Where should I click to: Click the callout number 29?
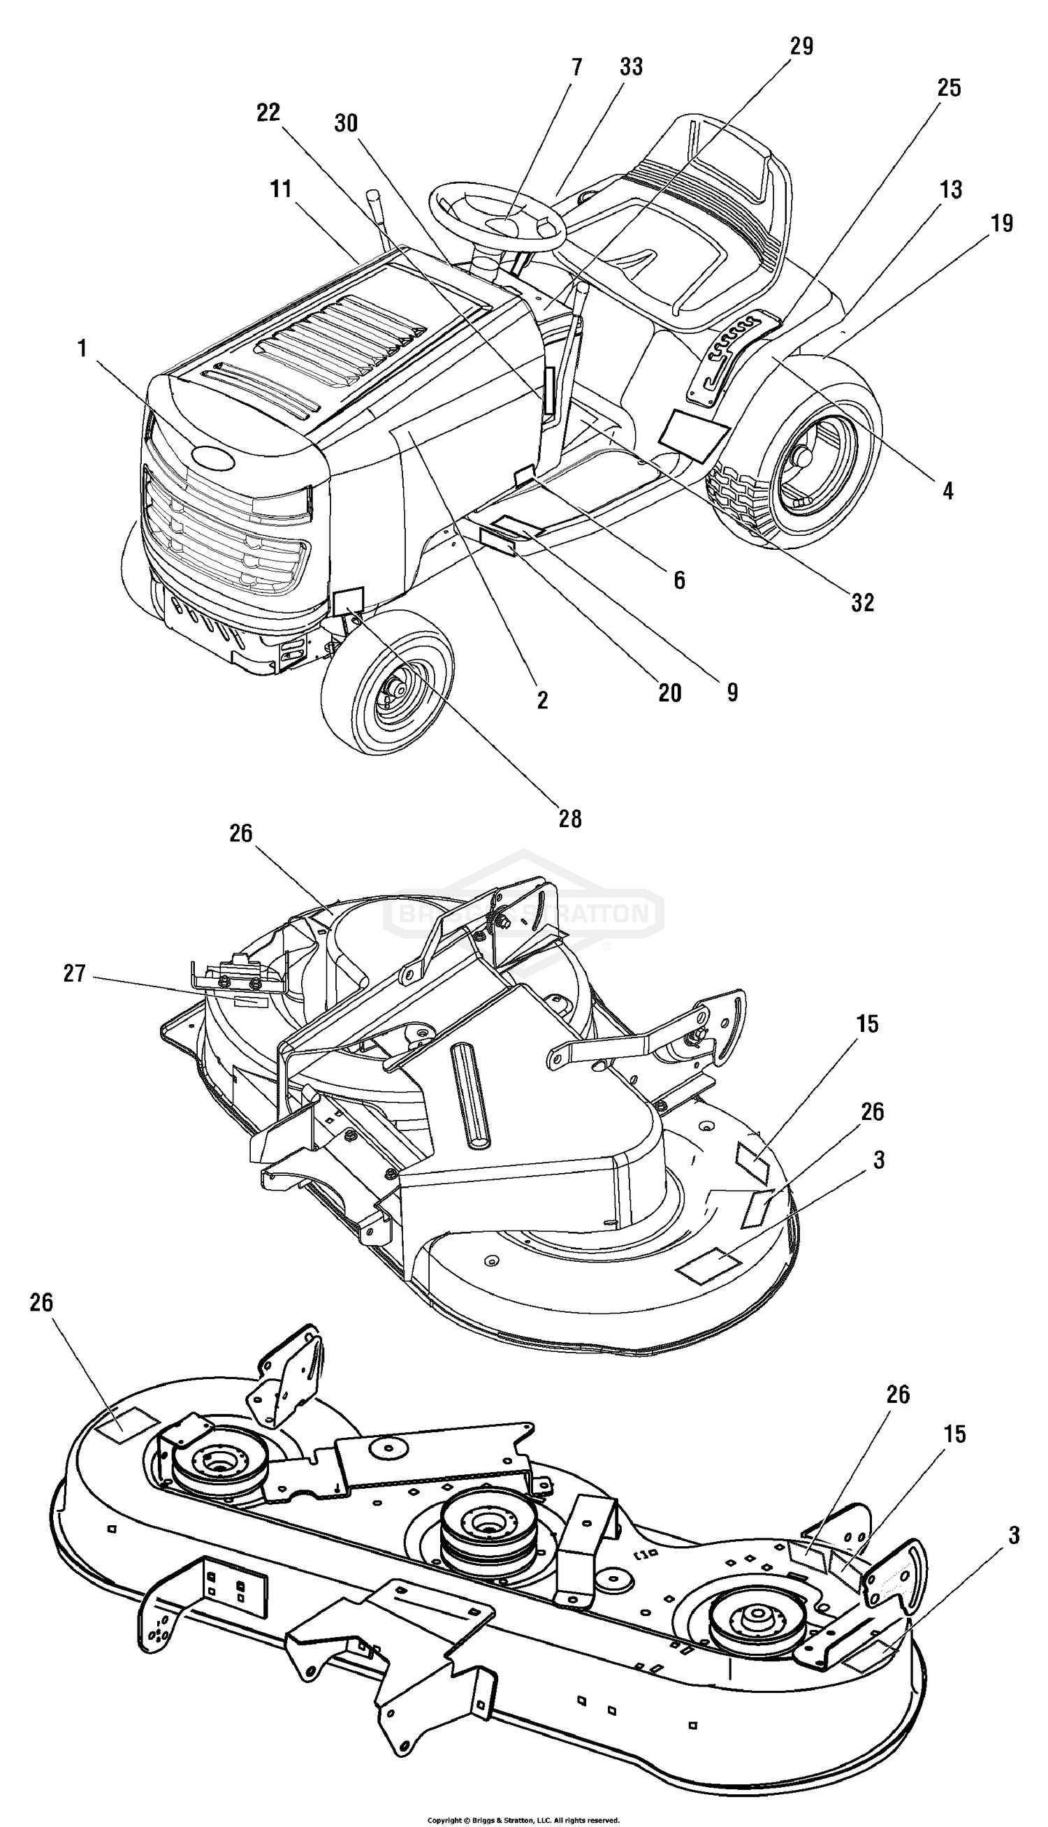801,46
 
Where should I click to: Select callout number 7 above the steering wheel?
576,67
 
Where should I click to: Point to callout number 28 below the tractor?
570,819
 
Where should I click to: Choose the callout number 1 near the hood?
82,349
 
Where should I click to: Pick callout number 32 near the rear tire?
862,603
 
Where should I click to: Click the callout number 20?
669,693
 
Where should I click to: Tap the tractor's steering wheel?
497,216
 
